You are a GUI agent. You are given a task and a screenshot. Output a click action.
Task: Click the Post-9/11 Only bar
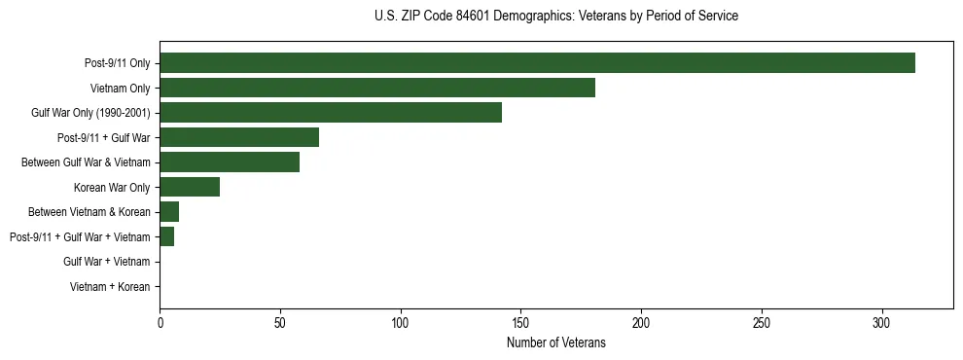tap(537, 63)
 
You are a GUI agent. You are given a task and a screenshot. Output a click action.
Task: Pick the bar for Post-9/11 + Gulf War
tap(239, 137)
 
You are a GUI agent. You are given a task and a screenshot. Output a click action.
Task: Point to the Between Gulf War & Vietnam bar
tap(230, 162)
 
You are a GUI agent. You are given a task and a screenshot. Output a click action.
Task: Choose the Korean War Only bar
tap(190, 187)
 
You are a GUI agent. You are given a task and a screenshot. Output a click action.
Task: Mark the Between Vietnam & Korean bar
tap(169, 212)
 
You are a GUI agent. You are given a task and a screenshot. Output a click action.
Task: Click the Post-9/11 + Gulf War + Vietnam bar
tap(167, 236)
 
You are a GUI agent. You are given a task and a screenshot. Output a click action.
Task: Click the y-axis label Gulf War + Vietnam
tap(106, 262)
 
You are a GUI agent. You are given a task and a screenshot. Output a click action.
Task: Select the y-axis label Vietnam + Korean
tap(110, 287)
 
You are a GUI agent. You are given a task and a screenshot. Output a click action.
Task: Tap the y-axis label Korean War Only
tap(112, 187)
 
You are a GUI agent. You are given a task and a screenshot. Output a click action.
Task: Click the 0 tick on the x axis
tap(160, 321)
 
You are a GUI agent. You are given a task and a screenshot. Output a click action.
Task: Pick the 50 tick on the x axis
tap(280, 321)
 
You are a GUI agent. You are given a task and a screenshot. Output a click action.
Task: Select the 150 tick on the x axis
tap(520, 321)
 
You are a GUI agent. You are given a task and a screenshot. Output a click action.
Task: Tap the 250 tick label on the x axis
tap(762, 321)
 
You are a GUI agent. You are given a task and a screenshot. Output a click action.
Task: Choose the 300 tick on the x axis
tap(881, 321)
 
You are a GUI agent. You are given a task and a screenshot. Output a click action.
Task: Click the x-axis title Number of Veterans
tap(555, 343)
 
